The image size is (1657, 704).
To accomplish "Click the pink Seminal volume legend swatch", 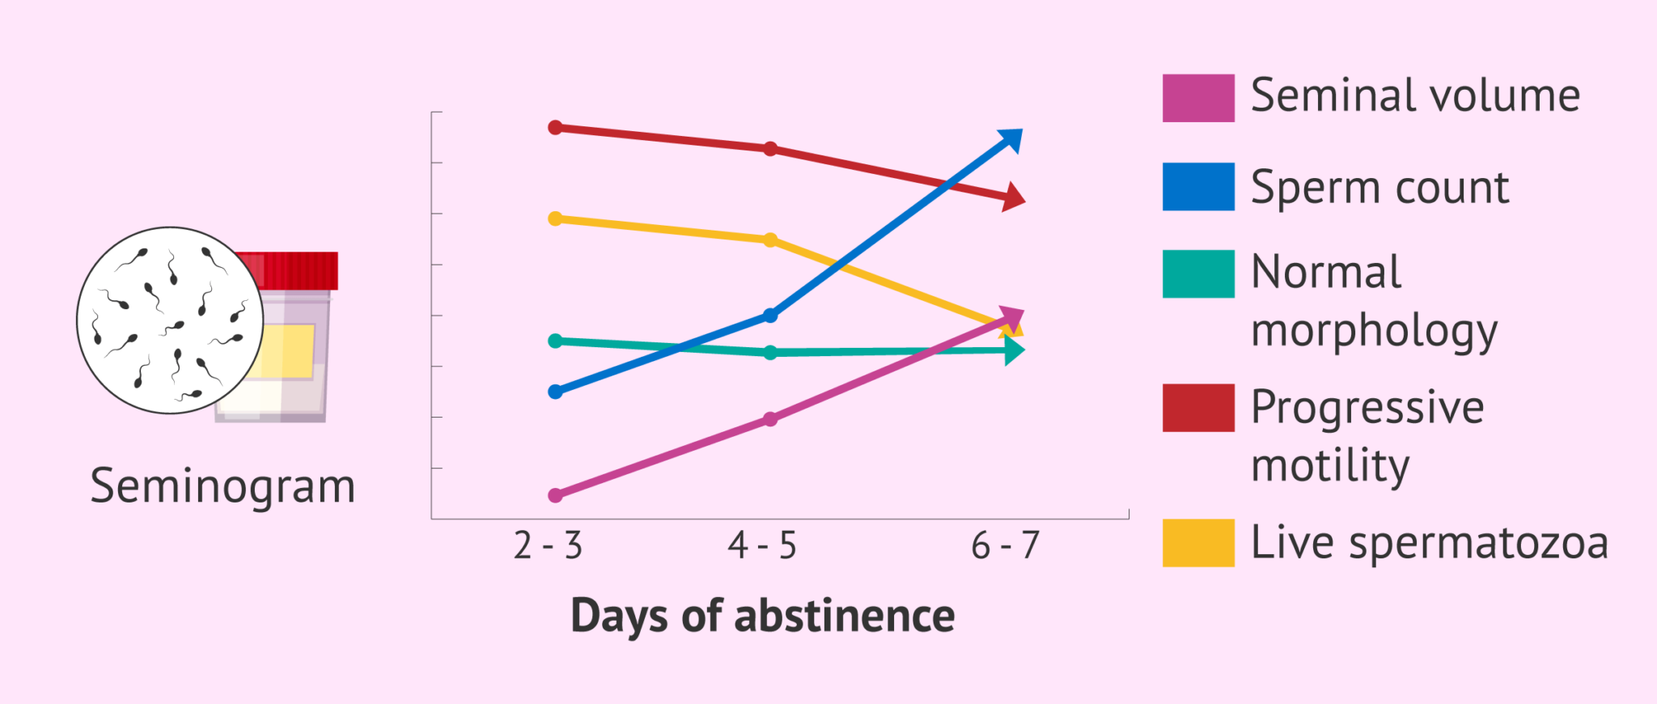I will pyautogui.click(x=1198, y=98).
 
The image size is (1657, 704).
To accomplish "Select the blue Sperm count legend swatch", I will pyautogui.click(x=1198, y=187).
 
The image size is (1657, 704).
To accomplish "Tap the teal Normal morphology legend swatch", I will pyautogui.click(x=1198, y=274).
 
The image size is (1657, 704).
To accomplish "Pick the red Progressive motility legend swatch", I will pyautogui.click(x=1198, y=408).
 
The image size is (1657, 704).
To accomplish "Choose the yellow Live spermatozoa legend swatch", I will pyautogui.click(x=1198, y=542).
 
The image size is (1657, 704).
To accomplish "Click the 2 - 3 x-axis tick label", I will pyautogui.click(x=548, y=546).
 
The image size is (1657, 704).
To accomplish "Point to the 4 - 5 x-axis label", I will pyautogui.click(x=762, y=546).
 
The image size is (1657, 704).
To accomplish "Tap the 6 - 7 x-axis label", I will pyautogui.click(x=1005, y=546).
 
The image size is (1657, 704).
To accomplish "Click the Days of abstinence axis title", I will pyautogui.click(x=762, y=616).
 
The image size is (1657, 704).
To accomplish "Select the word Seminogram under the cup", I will pyautogui.click(x=222, y=486).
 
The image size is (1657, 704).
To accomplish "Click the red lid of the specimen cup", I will pyautogui.click(x=299, y=270).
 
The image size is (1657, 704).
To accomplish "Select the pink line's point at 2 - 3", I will pyautogui.click(x=555, y=495).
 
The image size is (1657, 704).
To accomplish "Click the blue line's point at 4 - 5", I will pyautogui.click(x=770, y=316).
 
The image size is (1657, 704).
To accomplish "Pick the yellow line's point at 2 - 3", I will pyautogui.click(x=555, y=218).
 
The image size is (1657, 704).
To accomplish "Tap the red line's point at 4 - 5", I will pyautogui.click(x=770, y=149).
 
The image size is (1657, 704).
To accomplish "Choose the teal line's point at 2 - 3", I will pyautogui.click(x=555, y=341).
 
